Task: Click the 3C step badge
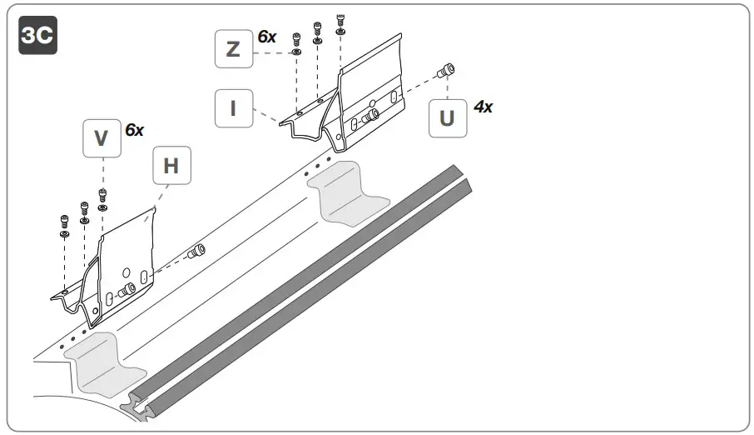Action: (37, 36)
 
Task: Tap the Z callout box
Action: (233, 49)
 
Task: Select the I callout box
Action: (233, 108)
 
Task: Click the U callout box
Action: (447, 118)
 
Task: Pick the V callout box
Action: (102, 138)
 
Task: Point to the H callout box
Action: (171, 166)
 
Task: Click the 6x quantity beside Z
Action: (267, 37)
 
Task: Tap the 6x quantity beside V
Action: (135, 130)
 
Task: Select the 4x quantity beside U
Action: (483, 107)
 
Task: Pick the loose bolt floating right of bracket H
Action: (197, 250)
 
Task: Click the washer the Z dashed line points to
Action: (296, 52)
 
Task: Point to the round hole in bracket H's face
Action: (126, 270)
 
